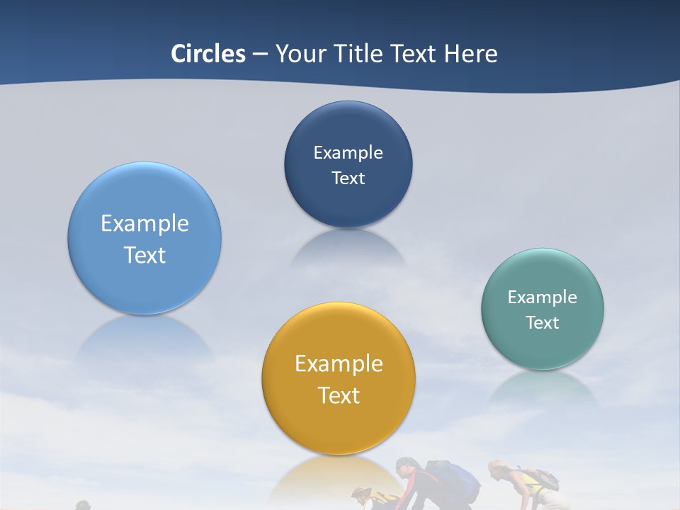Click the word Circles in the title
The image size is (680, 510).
pyautogui.click(x=208, y=54)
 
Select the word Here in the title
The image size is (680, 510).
pyautogui.click(x=470, y=54)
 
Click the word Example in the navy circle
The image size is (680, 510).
pyautogui.click(x=348, y=152)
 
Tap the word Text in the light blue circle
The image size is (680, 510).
pyautogui.click(x=144, y=255)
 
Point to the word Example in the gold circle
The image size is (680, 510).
pyautogui.click(x=339, y=363)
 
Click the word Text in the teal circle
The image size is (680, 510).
pyautogui.click(x=543, y=322)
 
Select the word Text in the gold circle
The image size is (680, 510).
pyautogui.click(x=339, y=395)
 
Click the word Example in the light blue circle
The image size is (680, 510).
pyautogui.click(x=144, y=223)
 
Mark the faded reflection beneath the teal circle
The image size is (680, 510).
pyautogui.click(x=543, y=388)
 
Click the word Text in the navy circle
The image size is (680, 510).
pyautogui.click(x=348, y=178)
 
